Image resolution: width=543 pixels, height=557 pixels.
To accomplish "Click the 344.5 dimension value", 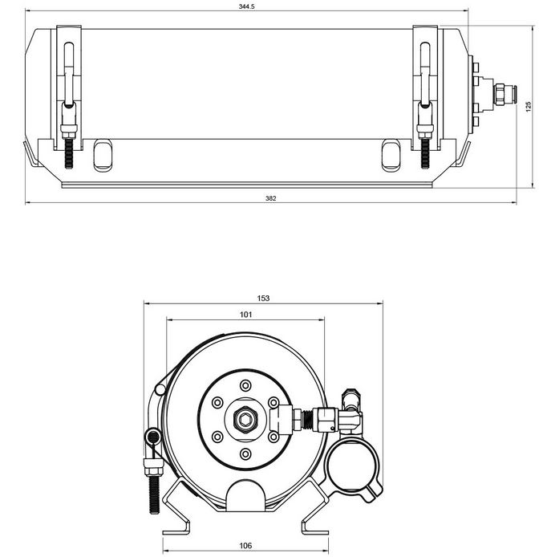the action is [x=247, y=6].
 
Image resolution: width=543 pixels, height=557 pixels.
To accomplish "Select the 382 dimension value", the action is [x=270, y=198].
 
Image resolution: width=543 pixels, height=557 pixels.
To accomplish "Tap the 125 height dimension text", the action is [x=529, y=107].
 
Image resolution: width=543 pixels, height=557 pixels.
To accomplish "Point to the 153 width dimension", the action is [x=263, y=298].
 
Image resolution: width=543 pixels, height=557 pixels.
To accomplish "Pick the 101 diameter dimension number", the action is [x=245, y=315].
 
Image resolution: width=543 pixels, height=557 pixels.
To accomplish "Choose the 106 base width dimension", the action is [x=245, y=545].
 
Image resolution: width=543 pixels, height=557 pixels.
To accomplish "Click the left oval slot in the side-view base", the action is [x=103, y=155].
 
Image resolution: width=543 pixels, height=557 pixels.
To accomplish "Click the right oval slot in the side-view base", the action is [x=391, y=155].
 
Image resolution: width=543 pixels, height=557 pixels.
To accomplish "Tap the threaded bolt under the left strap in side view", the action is [x=68, y=153].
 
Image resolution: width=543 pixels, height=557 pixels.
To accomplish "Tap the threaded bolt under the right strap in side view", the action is [x=425, y=153].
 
